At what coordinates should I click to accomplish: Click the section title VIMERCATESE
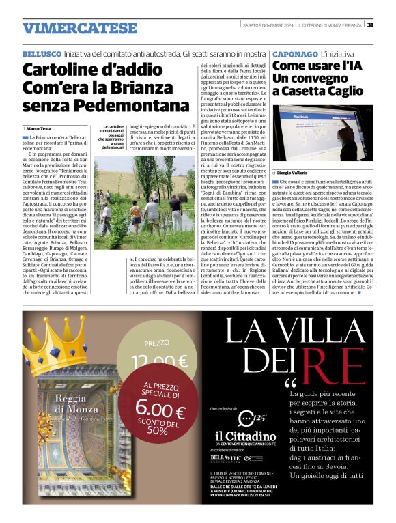pos(79,28)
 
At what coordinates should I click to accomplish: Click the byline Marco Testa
pos(40,128)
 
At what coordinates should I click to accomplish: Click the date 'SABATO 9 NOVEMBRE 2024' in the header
pos(273,25)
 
